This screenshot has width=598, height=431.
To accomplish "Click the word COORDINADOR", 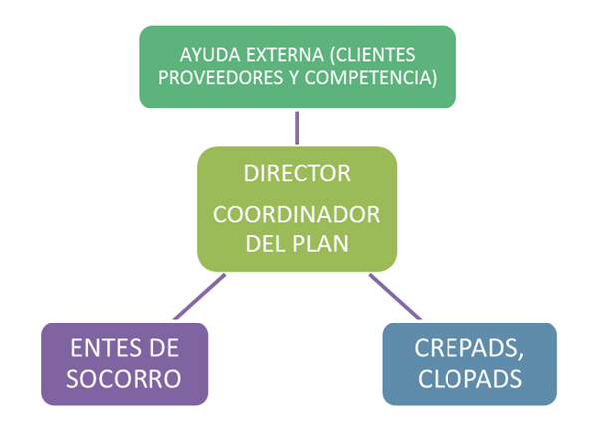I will click(x=297, y=216).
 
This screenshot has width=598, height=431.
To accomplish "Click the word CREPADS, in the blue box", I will click(x=468, y=349).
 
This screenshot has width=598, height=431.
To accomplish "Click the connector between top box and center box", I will click(x=297, y=127).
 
